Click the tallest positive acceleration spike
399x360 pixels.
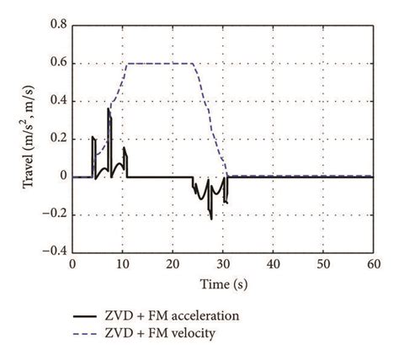[x=108, y=109]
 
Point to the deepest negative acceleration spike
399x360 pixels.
[x=210, y=218]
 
